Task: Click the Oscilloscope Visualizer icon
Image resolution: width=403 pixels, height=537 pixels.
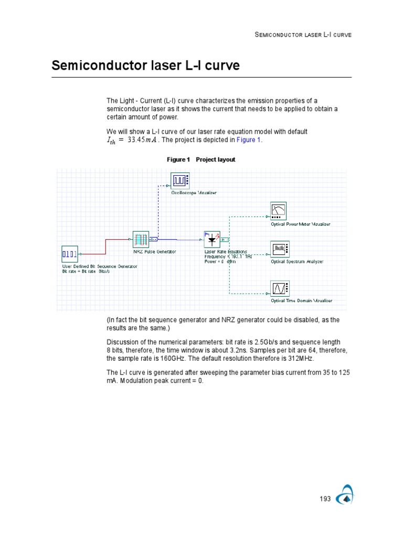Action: tap(180, 180)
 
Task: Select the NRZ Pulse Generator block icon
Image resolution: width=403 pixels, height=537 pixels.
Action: tap(141, 240)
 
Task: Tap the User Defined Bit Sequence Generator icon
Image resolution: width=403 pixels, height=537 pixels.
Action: tap(70, 254)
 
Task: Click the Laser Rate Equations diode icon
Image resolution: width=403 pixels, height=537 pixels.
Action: tap(212, 240)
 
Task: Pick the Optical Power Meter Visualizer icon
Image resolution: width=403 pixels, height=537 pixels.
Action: tap(278, 211)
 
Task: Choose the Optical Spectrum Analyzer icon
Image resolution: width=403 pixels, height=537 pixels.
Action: tap(278, 249)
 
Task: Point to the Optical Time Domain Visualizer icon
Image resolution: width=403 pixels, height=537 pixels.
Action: tap(278, 288)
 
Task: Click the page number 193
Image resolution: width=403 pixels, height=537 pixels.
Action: tap(325, 499)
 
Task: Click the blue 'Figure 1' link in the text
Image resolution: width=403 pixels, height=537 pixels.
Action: tap(248, 140)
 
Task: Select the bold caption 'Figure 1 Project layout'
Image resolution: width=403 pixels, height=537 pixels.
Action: tap(201, 159)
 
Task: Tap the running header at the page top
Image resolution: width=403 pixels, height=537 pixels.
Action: tap(303, 35)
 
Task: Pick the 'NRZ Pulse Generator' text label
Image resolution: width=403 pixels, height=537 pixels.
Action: tap(154, 252)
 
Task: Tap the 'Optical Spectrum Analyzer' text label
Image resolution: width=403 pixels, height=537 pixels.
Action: tap(297, 261)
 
